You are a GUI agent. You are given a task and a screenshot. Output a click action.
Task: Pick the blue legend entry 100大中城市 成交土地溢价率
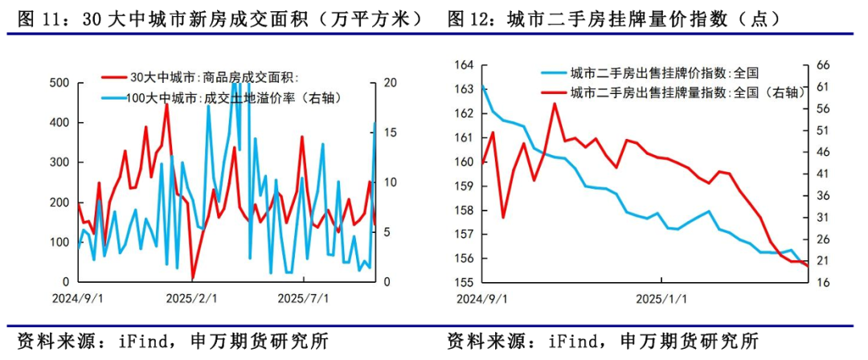(226, 97)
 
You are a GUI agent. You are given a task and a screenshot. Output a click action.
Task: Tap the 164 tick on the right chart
(465, 65)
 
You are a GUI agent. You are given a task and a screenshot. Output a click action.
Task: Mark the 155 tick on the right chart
(465, 282)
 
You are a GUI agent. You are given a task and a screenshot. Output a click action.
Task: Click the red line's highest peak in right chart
(555, 104)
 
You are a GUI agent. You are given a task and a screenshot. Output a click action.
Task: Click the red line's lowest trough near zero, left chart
(193, 279)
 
